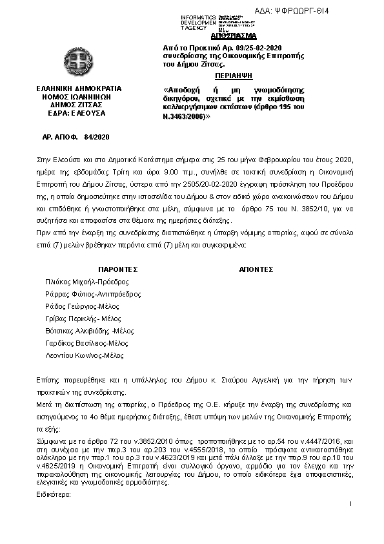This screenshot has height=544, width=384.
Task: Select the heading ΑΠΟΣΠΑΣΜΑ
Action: point(233,36)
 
